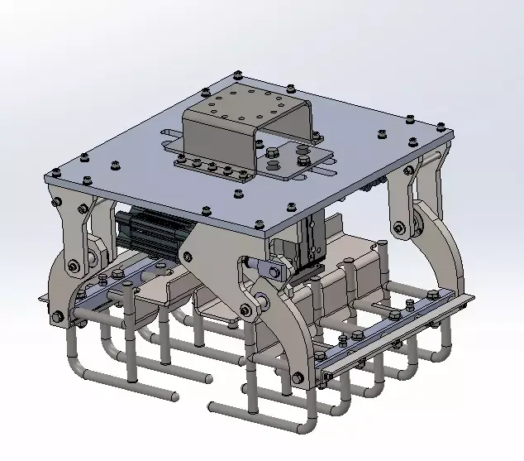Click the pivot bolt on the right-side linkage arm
[399, 228]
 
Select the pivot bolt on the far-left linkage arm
[74, 266]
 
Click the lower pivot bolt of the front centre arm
[245, 310]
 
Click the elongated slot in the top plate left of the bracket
[169, 134]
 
